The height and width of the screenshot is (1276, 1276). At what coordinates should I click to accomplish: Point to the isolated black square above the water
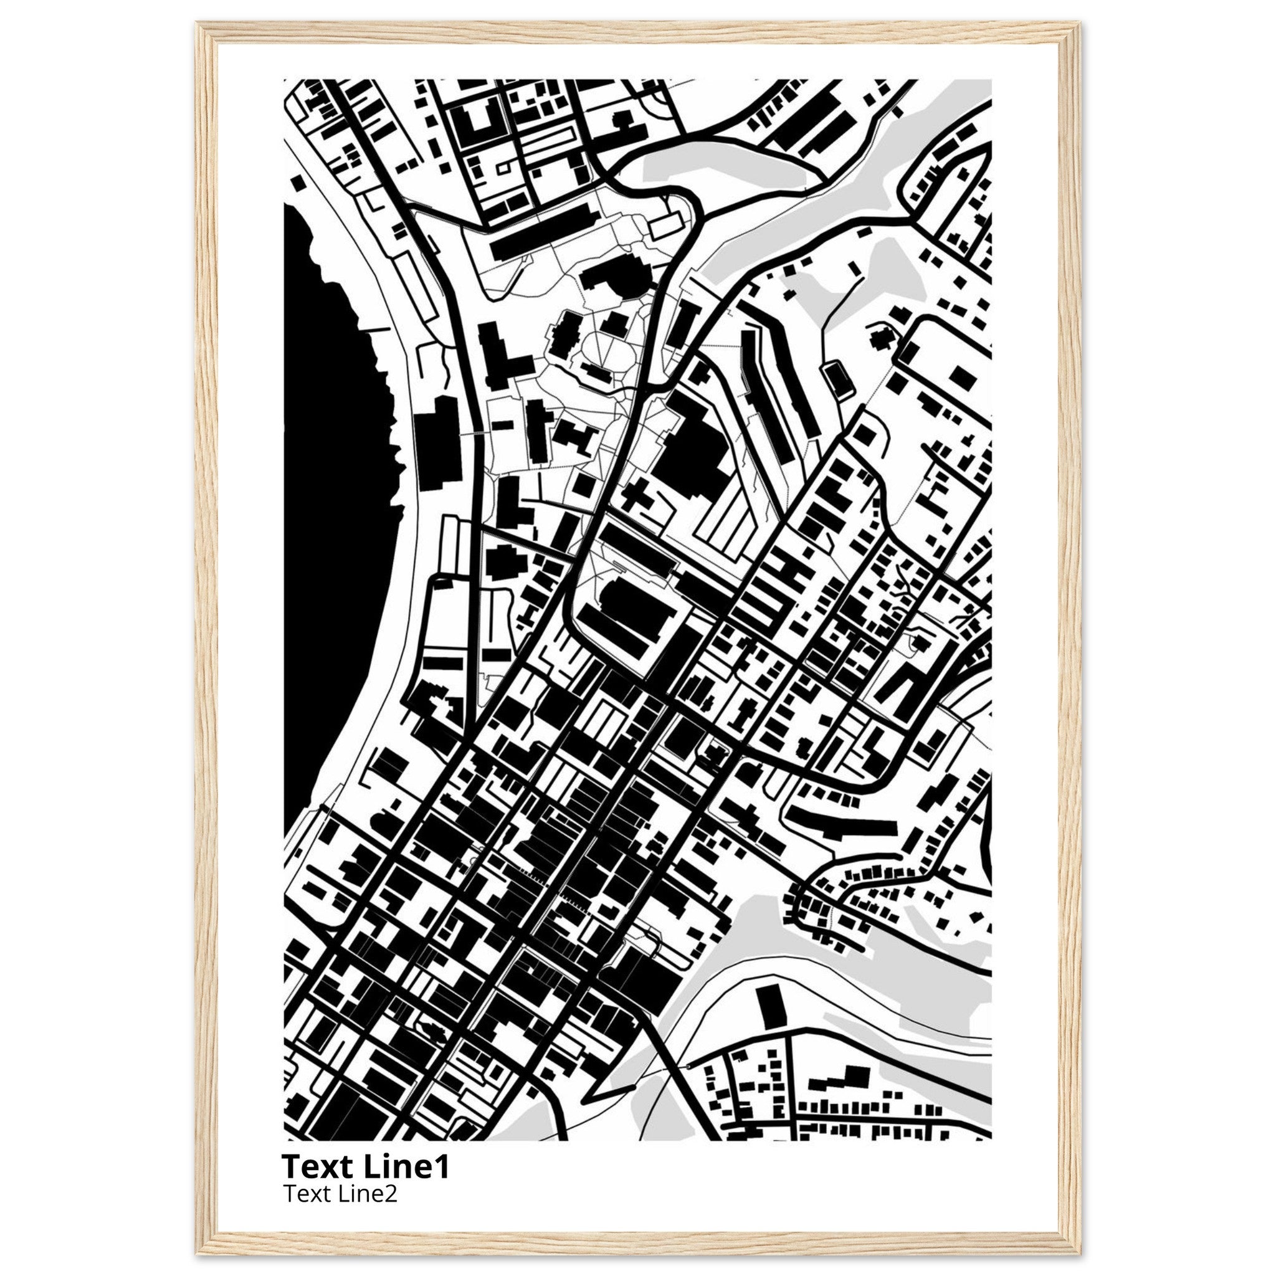[299, 182]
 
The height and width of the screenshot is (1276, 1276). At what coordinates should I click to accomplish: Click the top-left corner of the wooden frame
[198, 24]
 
